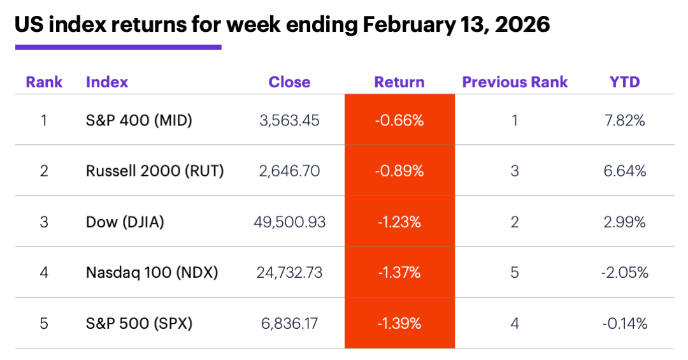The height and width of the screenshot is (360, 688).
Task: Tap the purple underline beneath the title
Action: coord(118,47)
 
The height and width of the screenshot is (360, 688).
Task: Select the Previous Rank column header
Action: coord(515,82)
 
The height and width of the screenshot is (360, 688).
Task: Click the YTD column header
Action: coord(624,82)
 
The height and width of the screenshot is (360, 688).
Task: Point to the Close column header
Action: coord(289,82)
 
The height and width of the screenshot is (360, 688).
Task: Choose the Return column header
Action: coord(399,82)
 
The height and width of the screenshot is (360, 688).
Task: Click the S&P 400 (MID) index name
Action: coord(139,120)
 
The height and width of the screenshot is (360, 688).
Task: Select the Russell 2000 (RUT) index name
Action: coord(155,171)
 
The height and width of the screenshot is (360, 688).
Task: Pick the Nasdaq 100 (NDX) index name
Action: coord(152,273)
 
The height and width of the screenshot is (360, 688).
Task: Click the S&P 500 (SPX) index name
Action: coord(139,324)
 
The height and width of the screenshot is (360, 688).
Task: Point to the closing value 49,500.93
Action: coord(289,222)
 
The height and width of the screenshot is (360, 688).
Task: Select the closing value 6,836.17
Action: coord(289,324)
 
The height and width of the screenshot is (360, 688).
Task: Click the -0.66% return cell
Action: coord(399,120)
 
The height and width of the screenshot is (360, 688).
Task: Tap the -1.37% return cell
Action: coord(399,273)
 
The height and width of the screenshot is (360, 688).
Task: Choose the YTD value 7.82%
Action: coord(624,120)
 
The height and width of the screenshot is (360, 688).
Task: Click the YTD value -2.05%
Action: coord(624,273)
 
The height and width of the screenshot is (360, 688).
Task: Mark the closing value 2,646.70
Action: coord(289,171)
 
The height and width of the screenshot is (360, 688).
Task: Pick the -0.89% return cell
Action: coord(399,171)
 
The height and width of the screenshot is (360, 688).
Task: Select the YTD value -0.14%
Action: coord(624,324)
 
